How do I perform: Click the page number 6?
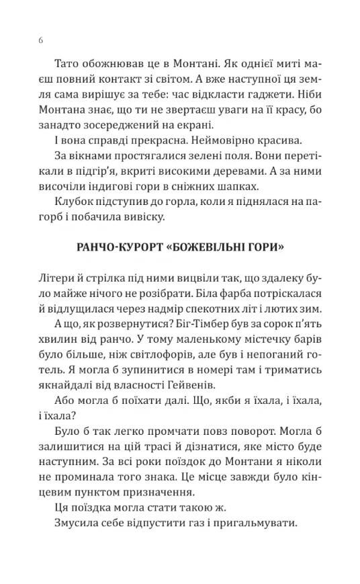tap(42, 41)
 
